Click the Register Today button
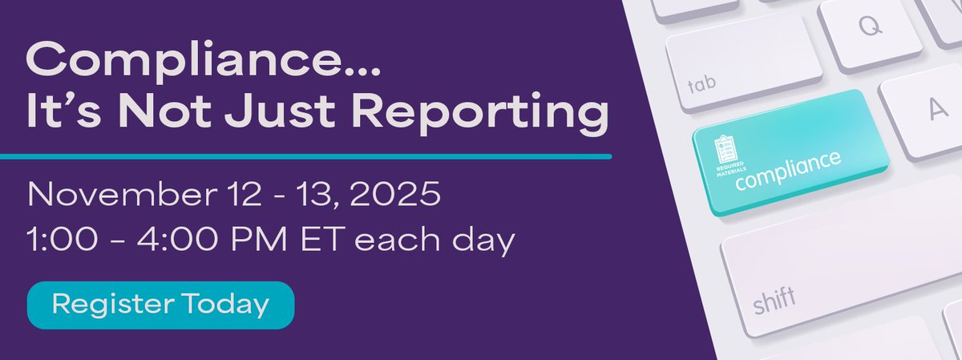tap(160, 305)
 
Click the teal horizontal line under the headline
tap(305, 155)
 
